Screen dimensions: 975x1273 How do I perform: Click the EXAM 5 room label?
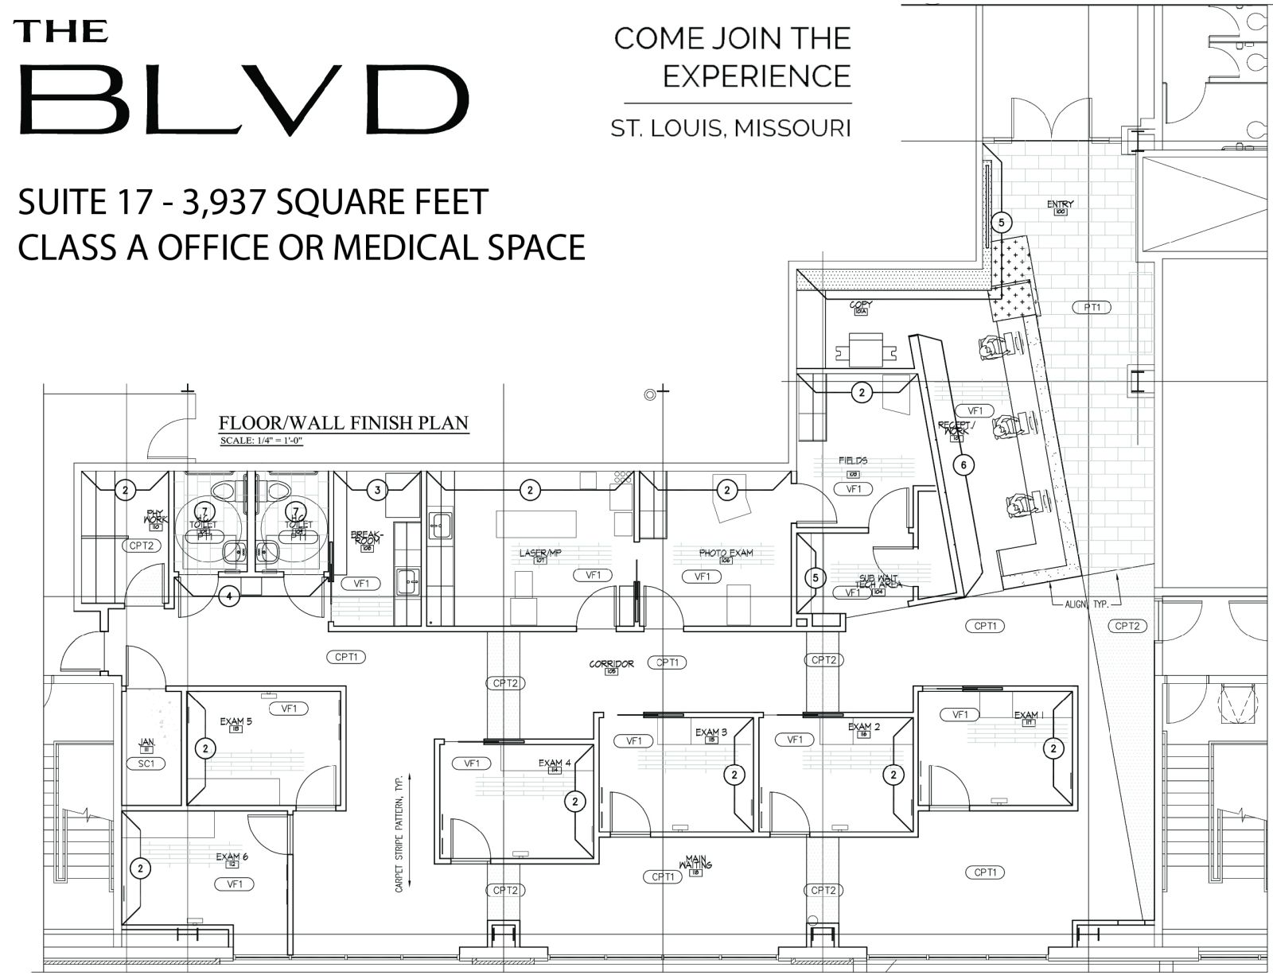(236, 722)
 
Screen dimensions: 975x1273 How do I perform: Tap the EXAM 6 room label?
(232, 857)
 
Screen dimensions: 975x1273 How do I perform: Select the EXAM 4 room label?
(555, 763)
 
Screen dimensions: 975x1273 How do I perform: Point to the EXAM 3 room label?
(711, 732)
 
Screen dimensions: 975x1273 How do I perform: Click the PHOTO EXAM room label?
(726, 553)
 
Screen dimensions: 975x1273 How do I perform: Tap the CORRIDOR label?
(611, 663)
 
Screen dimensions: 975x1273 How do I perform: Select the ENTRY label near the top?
(1060, 204)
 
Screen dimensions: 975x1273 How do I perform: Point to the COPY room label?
(861, 305)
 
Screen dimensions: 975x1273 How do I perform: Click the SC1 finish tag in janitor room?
(146, 763)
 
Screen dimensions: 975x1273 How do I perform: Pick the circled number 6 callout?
(964, 464)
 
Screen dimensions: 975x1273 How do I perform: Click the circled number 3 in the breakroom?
(378, 490)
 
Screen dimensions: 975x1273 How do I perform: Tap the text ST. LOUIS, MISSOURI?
(730, 128)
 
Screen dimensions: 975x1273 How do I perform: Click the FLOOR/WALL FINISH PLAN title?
(344, 422)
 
